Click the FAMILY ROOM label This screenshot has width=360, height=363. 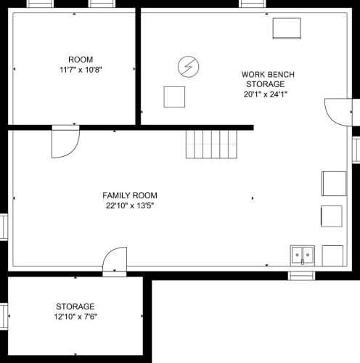pos(130,195)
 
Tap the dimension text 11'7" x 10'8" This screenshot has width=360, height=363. pos(81,70)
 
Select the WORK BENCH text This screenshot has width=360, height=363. pos(268,74)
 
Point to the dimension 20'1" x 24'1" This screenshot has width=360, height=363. pos(266,94)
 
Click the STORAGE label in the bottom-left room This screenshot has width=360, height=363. pos(75,306)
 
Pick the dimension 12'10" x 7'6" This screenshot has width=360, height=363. pos(75,317)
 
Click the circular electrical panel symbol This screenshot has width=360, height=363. pos(189,67)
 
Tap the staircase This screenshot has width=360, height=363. pos(211,144)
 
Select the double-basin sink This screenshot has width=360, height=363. pos(303,256)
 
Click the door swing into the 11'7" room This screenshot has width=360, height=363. pos(65,142)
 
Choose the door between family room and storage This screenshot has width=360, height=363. pos(115,261)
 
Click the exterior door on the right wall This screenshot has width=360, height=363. pos(338,113)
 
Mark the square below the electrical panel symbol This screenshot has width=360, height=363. pos(174,97)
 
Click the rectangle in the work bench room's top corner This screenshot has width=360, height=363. pos(287,28)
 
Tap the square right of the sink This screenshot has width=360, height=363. pos(332,256)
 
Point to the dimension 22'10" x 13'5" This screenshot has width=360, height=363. pos(130,205)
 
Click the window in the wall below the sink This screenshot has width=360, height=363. pos(301,276)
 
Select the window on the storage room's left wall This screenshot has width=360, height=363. pos(4,317)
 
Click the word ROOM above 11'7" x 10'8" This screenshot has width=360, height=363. pos(81,60)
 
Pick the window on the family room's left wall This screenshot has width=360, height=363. pos(4,227)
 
